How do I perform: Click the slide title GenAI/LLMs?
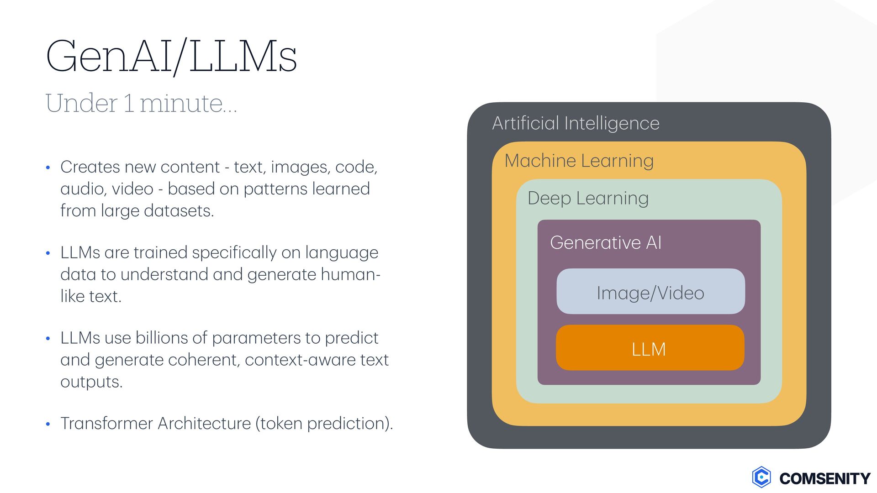(x=171, y=57)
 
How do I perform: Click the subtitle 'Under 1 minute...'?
(x=141, y=103)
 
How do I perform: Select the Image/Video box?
(x=650, y=292)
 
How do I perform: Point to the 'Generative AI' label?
(x=605, y=242)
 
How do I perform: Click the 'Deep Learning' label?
(x=588, y=198)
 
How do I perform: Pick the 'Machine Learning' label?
(x=579, y=161)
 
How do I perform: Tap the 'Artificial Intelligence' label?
(x=576, y=123)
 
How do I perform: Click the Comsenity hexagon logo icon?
(x=761, y=477)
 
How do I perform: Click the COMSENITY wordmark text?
(x=824, y=478)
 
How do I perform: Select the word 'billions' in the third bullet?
(x=162, y=338)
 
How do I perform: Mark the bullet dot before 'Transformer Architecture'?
(x=48, y=424)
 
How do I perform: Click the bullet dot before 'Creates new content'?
(x=48, y=168)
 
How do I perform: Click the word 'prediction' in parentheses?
(x=348, y=424)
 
